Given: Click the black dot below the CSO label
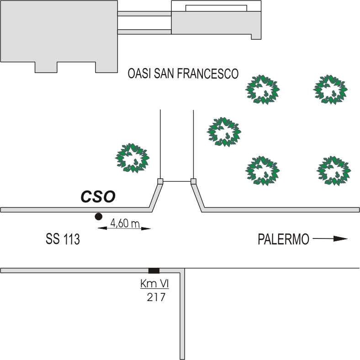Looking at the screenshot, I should pyautogui.click(x=97, y=216).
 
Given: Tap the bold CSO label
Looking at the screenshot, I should pyautogui.click(x=98, y=197).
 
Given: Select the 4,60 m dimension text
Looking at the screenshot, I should pyautogui.click(x=125, y=223).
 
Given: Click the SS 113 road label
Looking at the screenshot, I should pyautogui.click(x=63, y=239).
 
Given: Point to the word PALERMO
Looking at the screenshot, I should pyautogui.click(x=283, y=239).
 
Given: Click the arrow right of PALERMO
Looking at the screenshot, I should pyautogui.click(x=330, y=238).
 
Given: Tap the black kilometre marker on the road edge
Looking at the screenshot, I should pyautogui.click(x=154, y=270).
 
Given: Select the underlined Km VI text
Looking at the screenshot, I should pyautogui.click(x=154, y=284).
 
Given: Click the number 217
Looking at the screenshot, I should pyautogui.click(x=156, y=297).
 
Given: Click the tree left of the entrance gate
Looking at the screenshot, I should pyautogui.click(x=132, y=158).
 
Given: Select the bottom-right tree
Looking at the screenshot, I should pyautogui.click(x=334, y=170).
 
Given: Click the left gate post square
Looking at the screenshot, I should pyautogui.click(x=160, y=181).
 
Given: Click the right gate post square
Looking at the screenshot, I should pyautogui.click(x=193, y=181).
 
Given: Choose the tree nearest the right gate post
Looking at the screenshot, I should pyautogui.click(x=224, y=132).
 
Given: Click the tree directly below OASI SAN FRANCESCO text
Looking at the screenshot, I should pyautogui.click(x=262, y=89).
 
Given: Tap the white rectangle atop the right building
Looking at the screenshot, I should pyautogui.click(x=216, y=7).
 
